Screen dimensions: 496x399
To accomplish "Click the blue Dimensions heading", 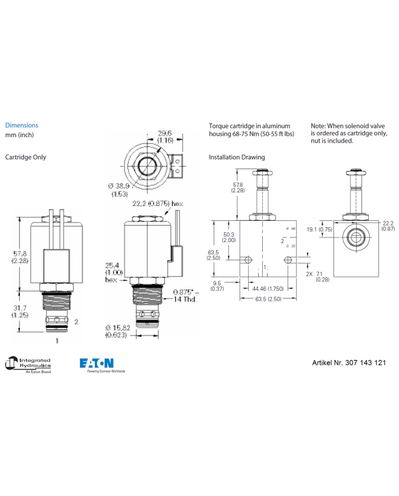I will coord(22,125).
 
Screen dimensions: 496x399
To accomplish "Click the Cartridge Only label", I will coord(26,157).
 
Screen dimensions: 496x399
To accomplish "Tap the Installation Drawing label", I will coord(237,157).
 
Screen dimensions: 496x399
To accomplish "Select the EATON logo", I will coord(96,363).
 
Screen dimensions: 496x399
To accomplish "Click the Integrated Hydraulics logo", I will coord(28,364).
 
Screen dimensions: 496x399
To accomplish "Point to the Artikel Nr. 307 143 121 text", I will coord(348,363).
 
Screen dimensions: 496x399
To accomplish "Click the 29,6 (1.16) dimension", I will coord(165,136).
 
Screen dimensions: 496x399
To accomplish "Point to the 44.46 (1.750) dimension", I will coord(269,288).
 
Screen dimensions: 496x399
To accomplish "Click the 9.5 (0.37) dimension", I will coord(217,285).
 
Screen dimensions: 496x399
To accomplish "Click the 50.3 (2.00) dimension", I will coord(229,237).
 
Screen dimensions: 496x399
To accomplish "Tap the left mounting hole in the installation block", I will coord(248,260).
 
